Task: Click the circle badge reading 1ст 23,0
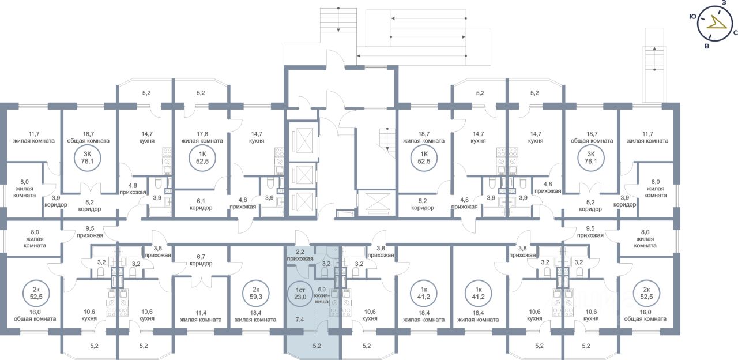tap(300, 293)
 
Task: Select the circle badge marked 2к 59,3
tap(255, 293)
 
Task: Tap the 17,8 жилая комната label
tap(202, 137)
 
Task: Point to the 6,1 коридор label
tap(201, 204)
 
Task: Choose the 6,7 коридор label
tap(201, 260)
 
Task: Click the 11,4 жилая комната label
tap(201, 316)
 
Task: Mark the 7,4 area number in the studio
tap(299, 320)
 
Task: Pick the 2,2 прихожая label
tap(300, 255)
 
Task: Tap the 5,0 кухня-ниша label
tap(322, 295)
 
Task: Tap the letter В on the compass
tap(707, 47)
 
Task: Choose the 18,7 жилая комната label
tap(424, 137)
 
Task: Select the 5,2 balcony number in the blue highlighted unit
tap(317, 346)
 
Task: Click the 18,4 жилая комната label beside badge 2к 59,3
tap(255, 316)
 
